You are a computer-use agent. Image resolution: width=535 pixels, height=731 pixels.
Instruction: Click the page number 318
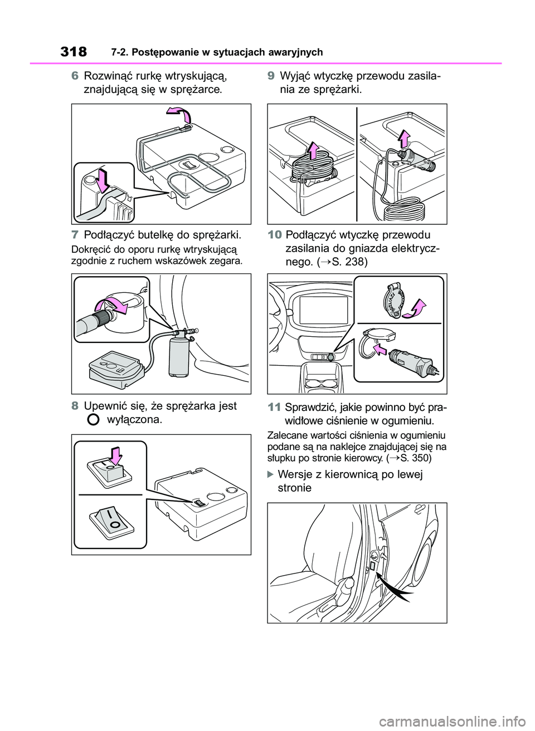[x=74, y=52]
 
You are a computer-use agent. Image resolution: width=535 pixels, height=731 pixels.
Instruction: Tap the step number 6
[x=75, y=76]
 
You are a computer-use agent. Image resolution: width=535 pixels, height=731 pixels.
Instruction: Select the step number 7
[x=75, y=235]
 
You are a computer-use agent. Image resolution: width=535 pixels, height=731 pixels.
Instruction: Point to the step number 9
[x=271, y=76]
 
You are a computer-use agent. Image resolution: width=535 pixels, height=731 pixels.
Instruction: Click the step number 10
[x=274, y=235]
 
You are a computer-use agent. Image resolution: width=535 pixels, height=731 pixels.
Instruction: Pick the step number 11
[x=274, y=408]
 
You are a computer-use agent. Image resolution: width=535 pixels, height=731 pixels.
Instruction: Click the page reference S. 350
[x=412, y=458]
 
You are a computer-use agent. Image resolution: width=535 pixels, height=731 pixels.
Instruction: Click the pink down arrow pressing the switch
[x=115, y=455]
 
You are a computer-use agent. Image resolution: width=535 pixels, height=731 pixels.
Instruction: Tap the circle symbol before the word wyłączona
[x=93, y=420]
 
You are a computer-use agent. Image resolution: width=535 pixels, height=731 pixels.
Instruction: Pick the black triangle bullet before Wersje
[x=270, y=474]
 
